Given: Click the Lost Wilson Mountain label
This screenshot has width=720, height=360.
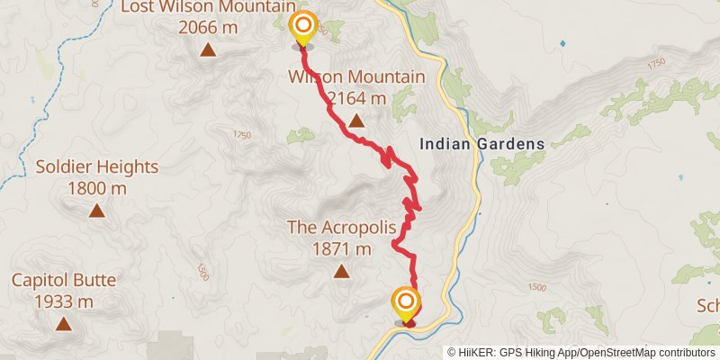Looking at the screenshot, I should (209, 8).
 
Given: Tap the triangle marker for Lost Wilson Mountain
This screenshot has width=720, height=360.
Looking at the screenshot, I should (208, 49).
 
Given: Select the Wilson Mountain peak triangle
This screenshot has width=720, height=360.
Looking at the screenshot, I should (356, 120).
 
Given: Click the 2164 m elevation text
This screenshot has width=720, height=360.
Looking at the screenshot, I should (356, 97).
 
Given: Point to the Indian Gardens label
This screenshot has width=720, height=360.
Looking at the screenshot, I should (482, 143).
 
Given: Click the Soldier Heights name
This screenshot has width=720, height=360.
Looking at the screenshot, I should (97, 167).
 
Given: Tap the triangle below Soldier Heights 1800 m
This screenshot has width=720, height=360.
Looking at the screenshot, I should (96, 211).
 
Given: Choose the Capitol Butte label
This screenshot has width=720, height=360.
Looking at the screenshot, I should (64, 280).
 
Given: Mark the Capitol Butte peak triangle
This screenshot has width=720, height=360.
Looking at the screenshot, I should (64, 324).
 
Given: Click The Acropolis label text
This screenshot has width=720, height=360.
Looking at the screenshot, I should (341, 227).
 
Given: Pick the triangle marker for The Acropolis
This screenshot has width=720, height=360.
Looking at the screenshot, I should (341, 270).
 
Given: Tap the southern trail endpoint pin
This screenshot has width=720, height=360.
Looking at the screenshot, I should (407, 302).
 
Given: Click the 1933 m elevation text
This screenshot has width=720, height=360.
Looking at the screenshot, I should (64, 301).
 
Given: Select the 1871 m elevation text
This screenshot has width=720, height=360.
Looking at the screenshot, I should (341, 248).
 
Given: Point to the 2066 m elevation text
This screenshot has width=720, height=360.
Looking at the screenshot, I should (208, 28).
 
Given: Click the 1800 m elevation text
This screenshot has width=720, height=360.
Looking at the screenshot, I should (97, 189).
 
